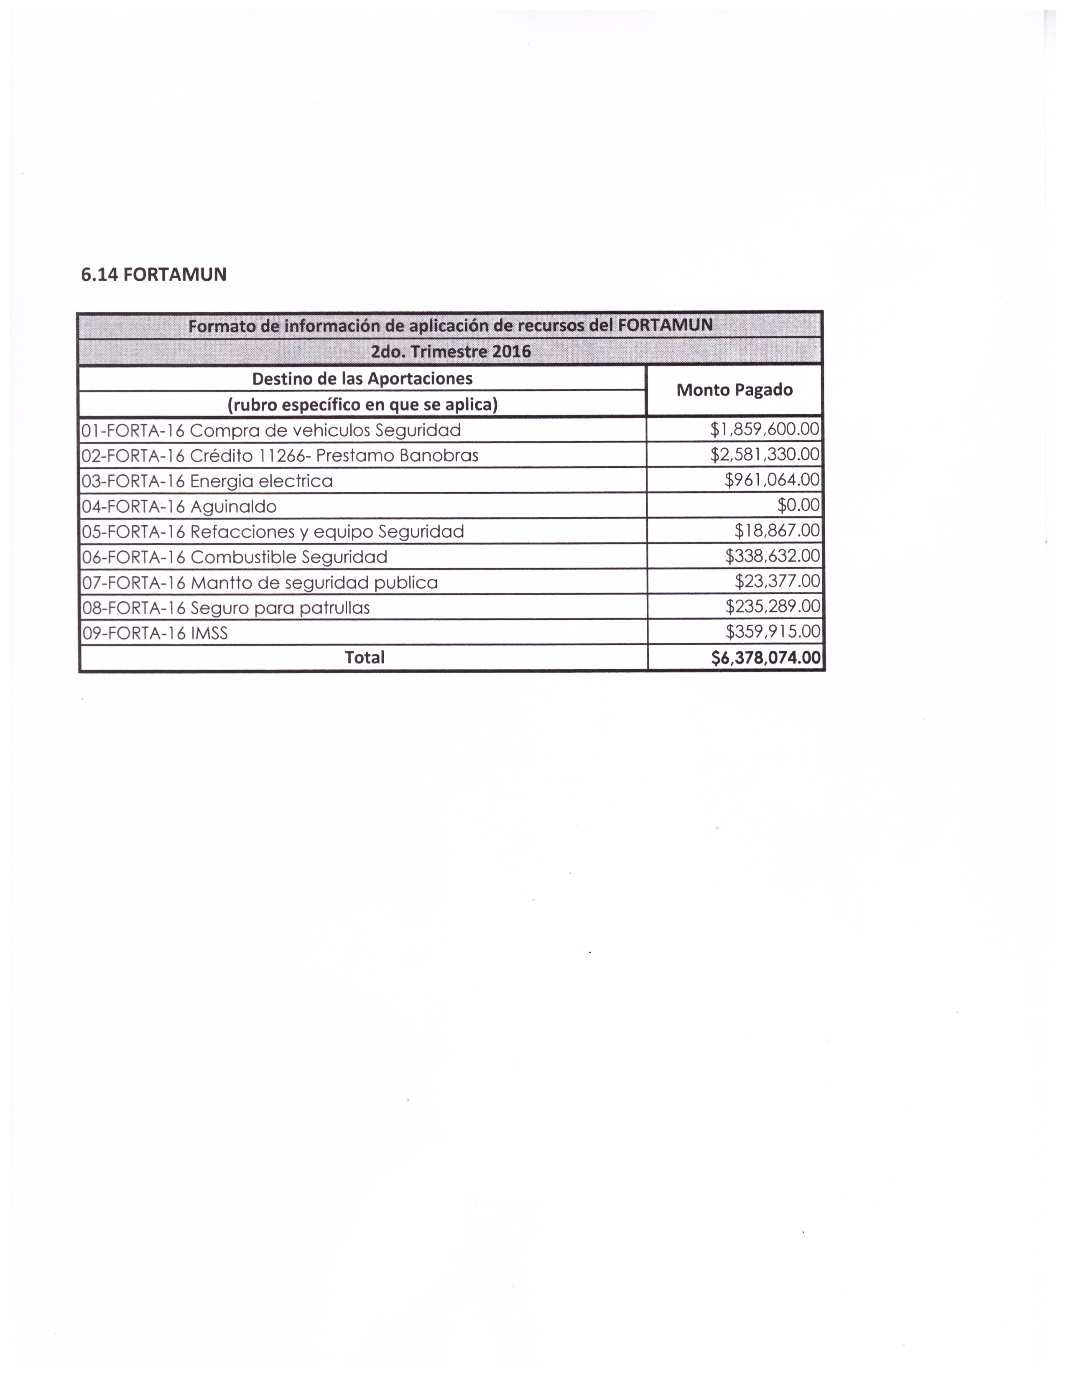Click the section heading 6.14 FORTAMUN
point(153,275)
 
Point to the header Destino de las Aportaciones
point(362,379)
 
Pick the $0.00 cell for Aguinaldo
point(798,506)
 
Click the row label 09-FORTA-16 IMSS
point(155,633)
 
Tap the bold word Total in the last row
point(365,658)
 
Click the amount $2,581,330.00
point(764,455)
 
